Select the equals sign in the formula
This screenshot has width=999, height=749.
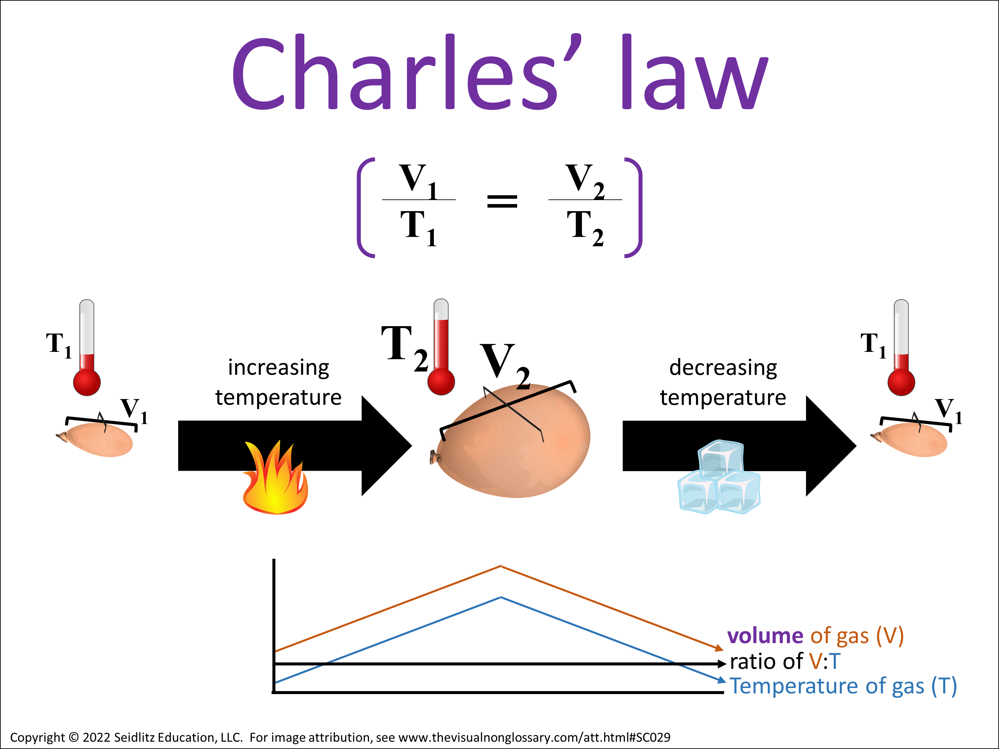pyautogui.click(x=502, y=201)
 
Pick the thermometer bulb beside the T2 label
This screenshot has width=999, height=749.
pyautogui.click(x=441, y=382)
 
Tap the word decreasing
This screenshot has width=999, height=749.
pyautogui.click(x=723, y=368)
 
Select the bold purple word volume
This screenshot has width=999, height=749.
pyautogui.click(x=765, y=636)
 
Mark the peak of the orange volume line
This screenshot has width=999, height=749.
pyautogui.click(x=501, y=566)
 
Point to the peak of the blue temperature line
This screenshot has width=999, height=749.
pyautogui.click(x=501, y=597)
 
